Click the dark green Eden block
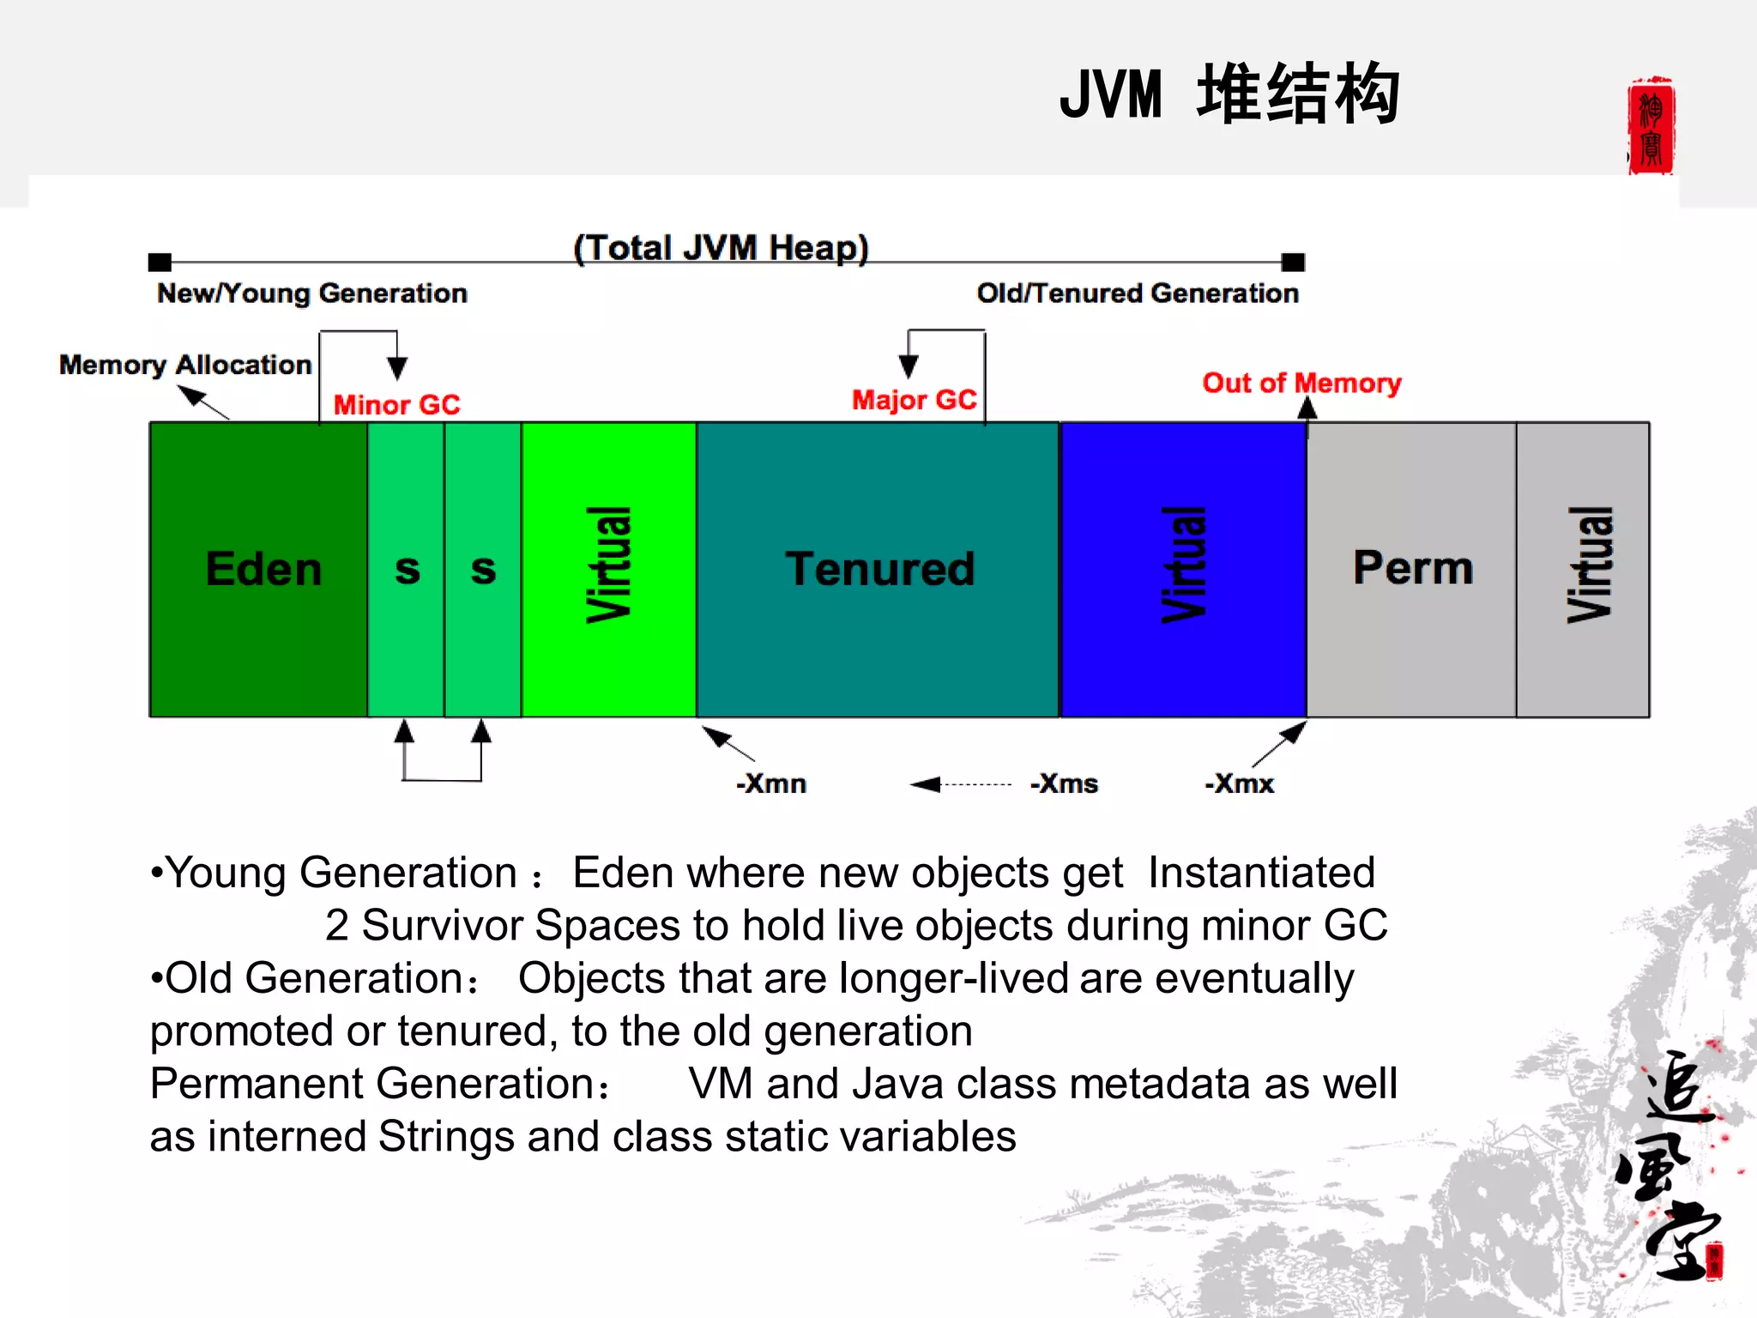pos(258,569)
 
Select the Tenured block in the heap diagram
pos(878,569)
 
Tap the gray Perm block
pos(1411,569)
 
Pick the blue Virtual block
pos(1184,569)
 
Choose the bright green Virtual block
pos(609,569)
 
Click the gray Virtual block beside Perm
pos(1583,569)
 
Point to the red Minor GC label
pos(396,404)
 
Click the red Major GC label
pos(914,400)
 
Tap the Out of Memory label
pos(1301,383)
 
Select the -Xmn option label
pos(771,783)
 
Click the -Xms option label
pos(1064,783)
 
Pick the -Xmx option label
pos(1240,783)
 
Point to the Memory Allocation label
pos(185,365)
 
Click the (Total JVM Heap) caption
pos(721,248)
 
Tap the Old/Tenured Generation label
pos(1138,293)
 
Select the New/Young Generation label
pos(312,293)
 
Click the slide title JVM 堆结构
pos(1229,94)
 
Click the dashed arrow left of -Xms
pos(961,784)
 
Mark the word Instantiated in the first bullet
pos(1261,873)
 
